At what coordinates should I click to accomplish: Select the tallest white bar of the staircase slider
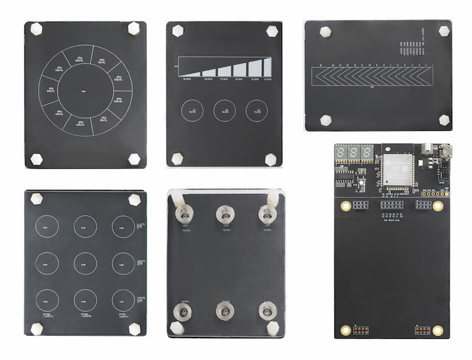point(257,66)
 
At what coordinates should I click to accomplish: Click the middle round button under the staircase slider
point(224,111)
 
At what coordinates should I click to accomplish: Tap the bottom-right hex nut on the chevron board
point(443,120)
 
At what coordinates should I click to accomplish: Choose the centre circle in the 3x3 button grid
point(85,261)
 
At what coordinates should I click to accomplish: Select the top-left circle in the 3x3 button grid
point(45,225)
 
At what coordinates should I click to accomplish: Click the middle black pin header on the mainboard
point(391,204)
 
